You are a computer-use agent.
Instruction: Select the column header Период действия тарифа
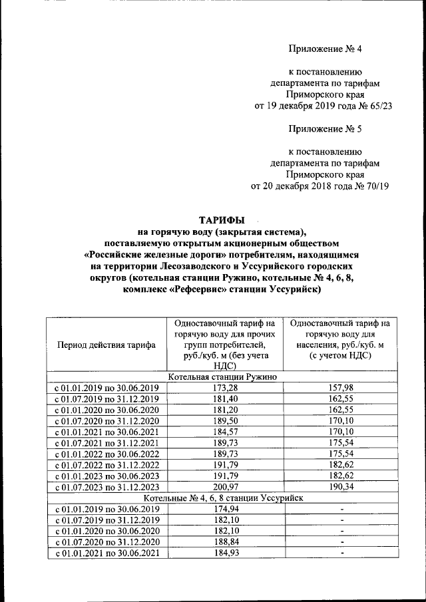106,345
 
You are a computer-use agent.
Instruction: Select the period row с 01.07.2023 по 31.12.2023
106,488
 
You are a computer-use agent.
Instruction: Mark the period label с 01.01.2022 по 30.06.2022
106,454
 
